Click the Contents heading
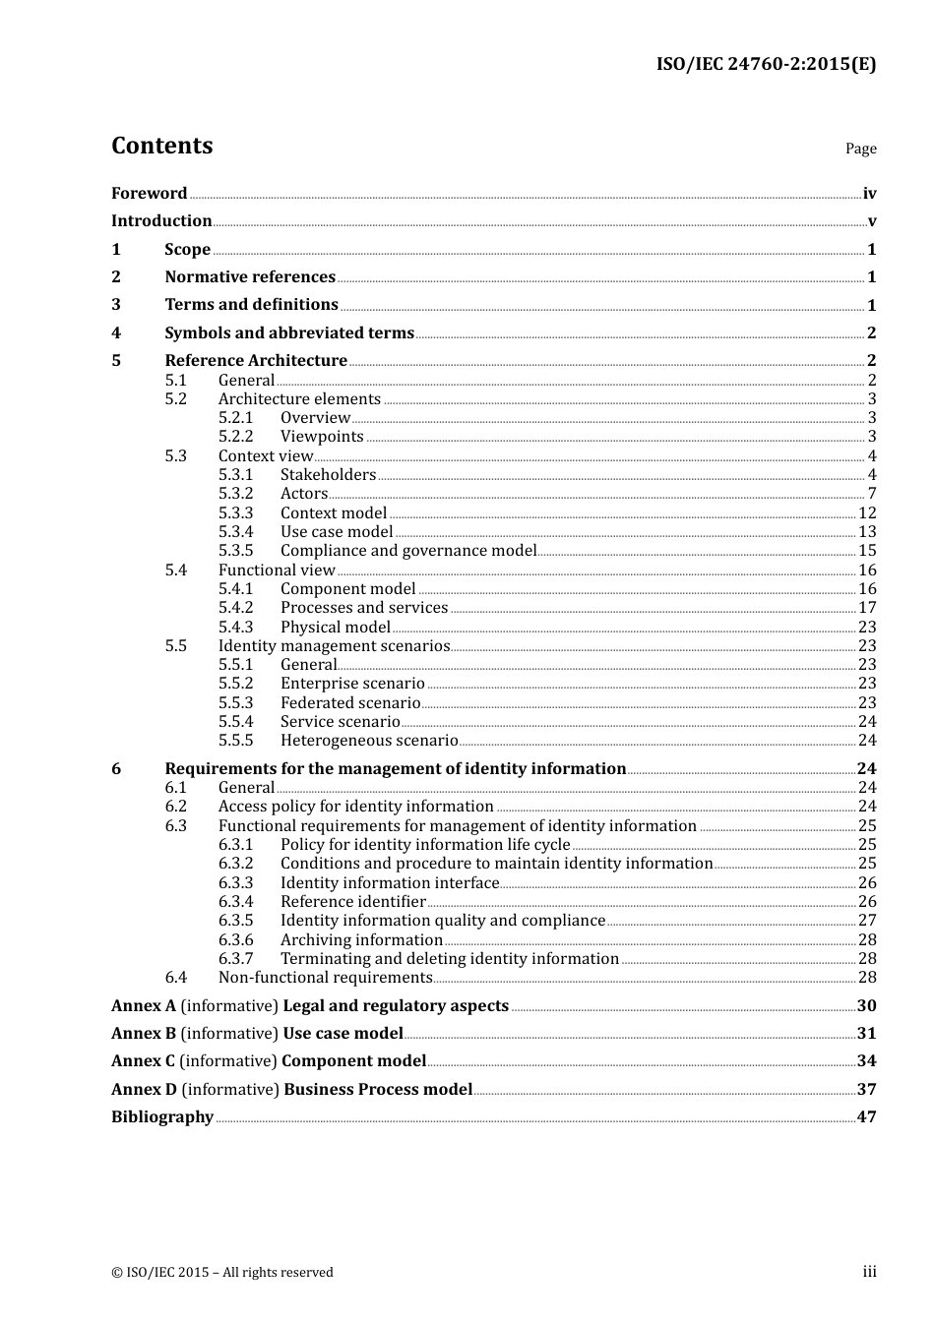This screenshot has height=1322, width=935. [x=161, y=146]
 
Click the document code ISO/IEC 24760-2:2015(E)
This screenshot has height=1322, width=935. [x=766, y=64]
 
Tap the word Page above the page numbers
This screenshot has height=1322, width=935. [x=860, y=149]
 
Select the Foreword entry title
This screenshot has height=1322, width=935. [x=149, y=194]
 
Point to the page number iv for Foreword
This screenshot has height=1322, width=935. [x=869, y=194]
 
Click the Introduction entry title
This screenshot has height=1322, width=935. [x=161, y=221]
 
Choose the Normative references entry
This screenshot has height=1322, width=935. [x=250, y=277]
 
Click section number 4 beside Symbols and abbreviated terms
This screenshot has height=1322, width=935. [x=116, y=333]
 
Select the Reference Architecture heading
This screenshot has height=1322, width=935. [x=256, y=361]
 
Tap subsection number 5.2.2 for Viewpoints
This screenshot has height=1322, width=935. [x=235, y=437]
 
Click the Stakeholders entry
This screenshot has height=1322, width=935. [x=328, y=475]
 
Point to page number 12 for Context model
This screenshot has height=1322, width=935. [x=867, y=513]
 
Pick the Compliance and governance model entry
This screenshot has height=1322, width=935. [x=408, y=551]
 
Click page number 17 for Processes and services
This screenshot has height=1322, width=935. [x=867, y=608]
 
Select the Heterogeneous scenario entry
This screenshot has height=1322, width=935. [x=369, y=741]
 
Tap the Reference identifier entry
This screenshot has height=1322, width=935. [x=352, y=902]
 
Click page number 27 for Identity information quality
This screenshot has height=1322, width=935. [x=867, y=921]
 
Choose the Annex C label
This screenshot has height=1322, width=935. [x=143, y=1061]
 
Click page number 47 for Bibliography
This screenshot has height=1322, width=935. [x=866, y=1117]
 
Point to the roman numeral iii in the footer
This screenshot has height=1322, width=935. [x=869, y=1272]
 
